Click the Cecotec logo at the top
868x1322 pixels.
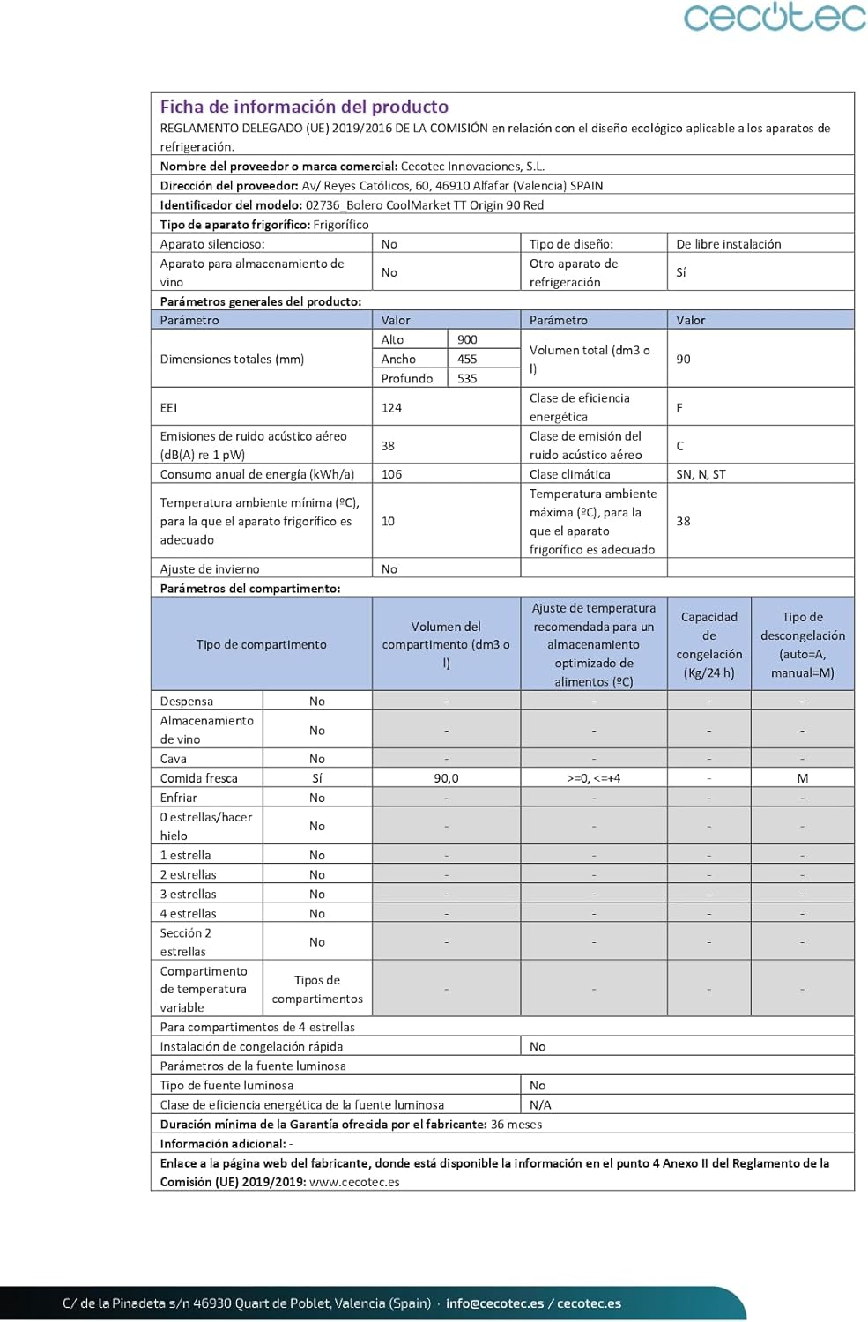pos(775,18)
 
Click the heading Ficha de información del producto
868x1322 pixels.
pos(304,107)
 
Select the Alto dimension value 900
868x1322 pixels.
pos(467,339)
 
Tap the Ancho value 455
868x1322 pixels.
pos(467,359)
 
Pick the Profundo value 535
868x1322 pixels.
pos(467,378)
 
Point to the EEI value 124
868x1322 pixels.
pos(391,407)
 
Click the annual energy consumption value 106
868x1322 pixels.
pos(391,474)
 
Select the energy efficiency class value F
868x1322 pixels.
pos(679,407)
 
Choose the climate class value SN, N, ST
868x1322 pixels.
pos(701,474)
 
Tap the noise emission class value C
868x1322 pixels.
pos(680,446)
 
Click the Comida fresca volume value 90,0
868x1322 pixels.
pos(446,778)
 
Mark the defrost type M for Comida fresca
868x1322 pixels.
pos(802,778)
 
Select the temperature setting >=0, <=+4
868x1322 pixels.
pos(593,778)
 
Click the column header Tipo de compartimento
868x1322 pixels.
pos(261,644)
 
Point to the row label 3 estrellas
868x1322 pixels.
pos(188,894)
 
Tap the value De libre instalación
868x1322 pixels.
pos(728,244)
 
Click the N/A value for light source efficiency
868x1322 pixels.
pos(540,1104)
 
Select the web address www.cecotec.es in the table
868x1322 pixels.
pos(354,1182)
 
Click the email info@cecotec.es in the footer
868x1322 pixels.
pos(494,1303)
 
